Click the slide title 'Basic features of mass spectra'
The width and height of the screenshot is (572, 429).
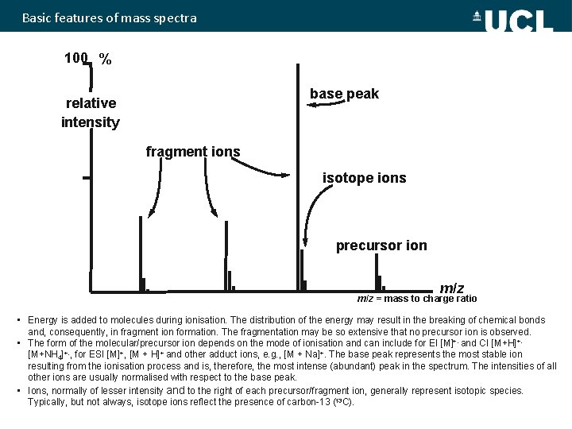[x=109, y=17]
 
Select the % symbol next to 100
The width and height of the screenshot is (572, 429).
[x=105, y=59]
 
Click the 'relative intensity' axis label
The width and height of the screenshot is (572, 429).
[x=91, y=113]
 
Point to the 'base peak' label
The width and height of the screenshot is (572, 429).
[x=344, y=94]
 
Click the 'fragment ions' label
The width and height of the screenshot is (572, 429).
[x=193, y=151]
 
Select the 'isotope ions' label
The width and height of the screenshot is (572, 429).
[x=364, y=178]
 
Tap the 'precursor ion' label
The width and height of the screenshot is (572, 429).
[x=381, y=245]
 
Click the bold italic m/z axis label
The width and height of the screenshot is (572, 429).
[x=452, y=288]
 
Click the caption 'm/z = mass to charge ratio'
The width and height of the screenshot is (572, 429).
[x=416, y=300]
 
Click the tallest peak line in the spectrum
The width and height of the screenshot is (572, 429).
[x=296, y=175]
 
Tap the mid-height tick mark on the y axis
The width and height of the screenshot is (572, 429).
[x=86, y=178]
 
